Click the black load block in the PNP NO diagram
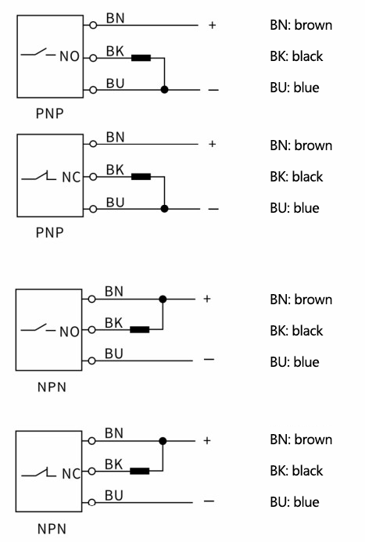tap(141, 58)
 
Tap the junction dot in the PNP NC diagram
tap(164, 209)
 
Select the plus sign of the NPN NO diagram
tap(207, 299)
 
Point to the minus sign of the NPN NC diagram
tap(209, 501)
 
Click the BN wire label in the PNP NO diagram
tap(116, 18)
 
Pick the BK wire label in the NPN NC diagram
tap(113, 465)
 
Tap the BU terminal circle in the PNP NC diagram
tap(93, 209)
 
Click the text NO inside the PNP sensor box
tap(70, 56)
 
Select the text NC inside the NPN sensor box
tap(71, 473)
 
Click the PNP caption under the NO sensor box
tap(50, 113)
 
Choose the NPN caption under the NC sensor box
tap(52, 529)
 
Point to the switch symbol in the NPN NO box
tap(38, 328)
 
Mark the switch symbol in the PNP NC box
tap(38, 176)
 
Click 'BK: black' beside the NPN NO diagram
tap(296, 331)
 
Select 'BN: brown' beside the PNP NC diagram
tap(301, 145)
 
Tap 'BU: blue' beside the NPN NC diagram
tap(295, 502)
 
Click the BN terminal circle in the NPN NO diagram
tap(91, 299)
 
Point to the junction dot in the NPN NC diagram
tap(163, 441)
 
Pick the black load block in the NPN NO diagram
tap(139, 330)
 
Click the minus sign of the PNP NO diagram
tap(213, 90)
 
